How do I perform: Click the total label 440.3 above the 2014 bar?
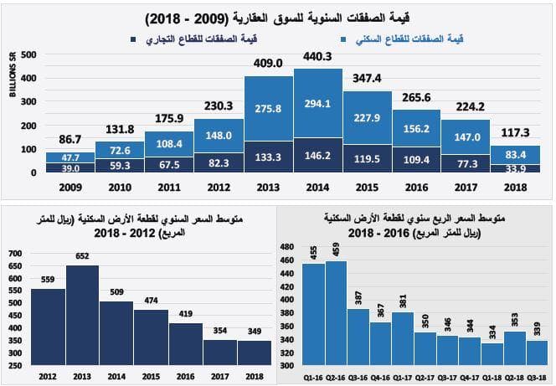318,57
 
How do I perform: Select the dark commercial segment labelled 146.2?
318,154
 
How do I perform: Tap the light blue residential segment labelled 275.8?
269,108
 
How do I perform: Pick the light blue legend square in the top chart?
346,39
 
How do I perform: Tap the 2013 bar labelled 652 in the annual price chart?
82,314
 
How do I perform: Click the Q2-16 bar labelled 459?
336,314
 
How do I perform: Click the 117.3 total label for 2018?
516,132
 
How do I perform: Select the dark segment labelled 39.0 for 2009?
69,167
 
